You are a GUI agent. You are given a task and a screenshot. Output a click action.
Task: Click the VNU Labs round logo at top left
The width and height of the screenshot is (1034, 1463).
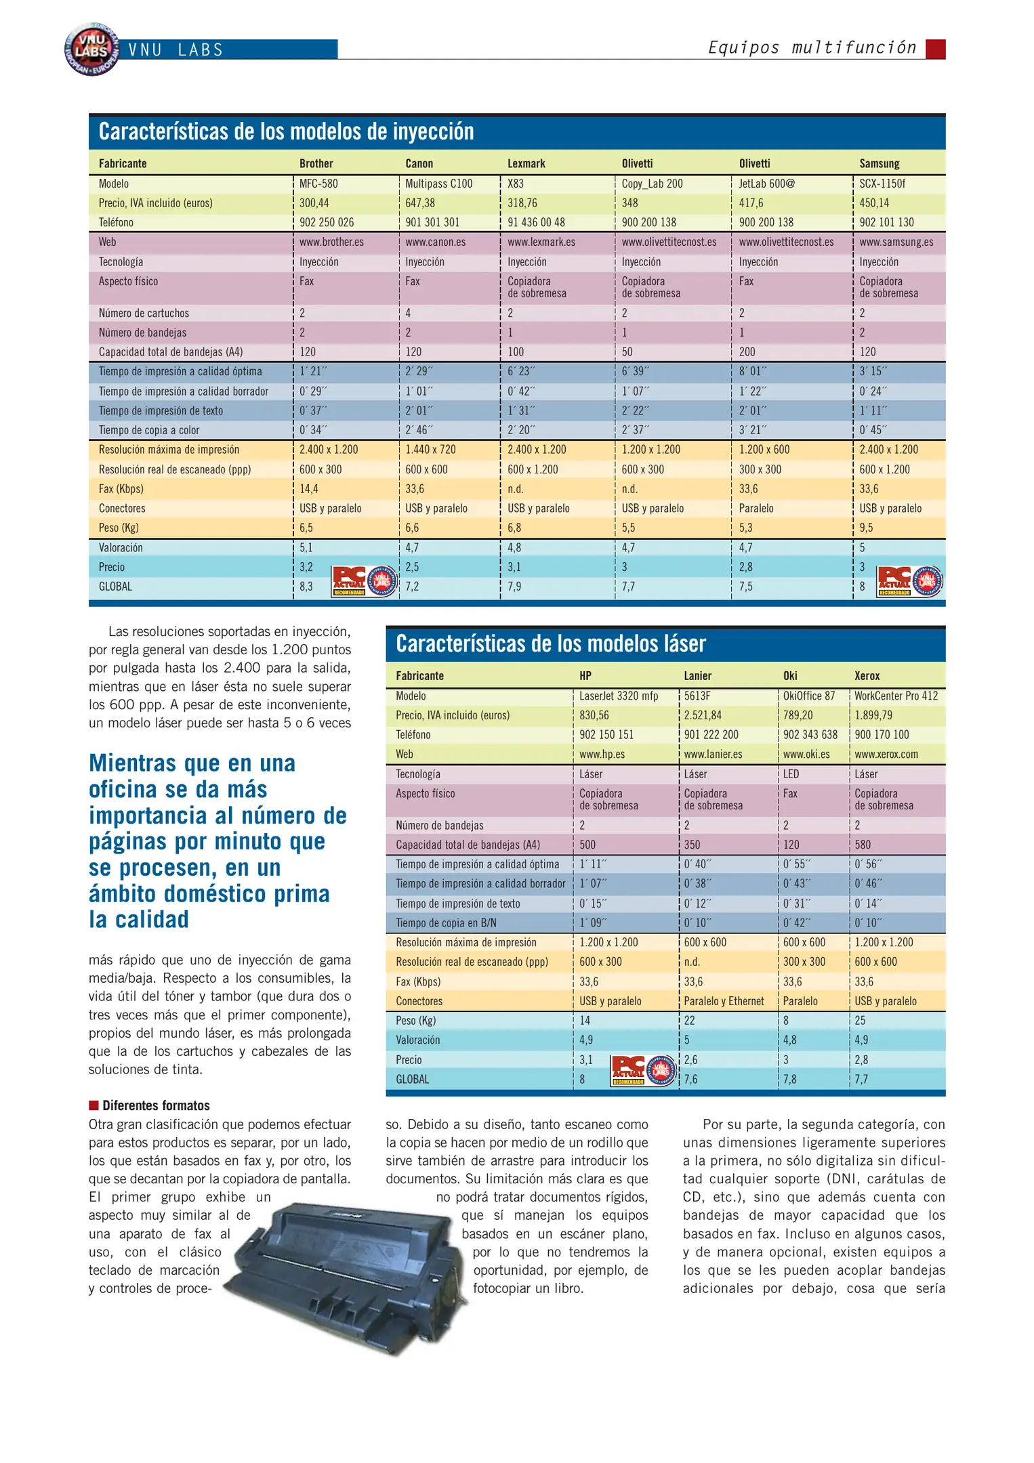(x=92, y=49)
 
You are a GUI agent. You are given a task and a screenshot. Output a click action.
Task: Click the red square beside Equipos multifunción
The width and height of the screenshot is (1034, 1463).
(x=936, y=49)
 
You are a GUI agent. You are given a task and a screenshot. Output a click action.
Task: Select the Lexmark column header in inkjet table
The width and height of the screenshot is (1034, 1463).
(x=526, y=163)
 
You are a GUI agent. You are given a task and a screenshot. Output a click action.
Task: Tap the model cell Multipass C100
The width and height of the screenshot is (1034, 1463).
(x=438, y=184)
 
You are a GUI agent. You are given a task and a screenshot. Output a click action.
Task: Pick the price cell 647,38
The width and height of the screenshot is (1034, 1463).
(x=420, y=203)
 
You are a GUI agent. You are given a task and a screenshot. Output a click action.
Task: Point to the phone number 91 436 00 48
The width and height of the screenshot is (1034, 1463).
(x=536, y=222)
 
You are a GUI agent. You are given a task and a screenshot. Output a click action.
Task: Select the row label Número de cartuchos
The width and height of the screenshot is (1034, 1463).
(x=144, y=313)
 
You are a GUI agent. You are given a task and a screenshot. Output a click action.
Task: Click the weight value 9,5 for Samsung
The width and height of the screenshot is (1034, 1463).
(x=866, y=528)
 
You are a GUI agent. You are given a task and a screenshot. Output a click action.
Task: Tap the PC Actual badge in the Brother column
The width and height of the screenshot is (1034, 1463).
(x=364, y=581)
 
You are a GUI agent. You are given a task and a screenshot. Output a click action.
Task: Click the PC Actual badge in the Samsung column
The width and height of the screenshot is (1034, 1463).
(x=909, y=581)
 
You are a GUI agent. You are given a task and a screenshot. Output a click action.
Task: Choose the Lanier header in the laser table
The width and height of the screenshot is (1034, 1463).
(x=697, y=676)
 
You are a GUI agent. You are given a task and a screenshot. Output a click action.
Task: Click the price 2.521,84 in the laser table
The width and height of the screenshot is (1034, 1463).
(x=703, y=715)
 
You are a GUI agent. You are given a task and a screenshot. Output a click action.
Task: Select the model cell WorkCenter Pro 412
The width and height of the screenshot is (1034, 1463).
(x=896, y=696)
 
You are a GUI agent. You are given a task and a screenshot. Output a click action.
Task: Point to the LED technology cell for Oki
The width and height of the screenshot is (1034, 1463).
(x=791, y=774)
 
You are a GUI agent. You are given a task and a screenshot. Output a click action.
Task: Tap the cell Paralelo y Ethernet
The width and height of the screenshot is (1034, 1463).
(x=724, y=1001)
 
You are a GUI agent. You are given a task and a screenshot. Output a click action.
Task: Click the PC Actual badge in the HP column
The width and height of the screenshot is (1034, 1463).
(x=642, y=1071)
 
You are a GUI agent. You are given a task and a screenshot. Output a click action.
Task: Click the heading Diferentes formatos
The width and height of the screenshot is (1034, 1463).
(x=156, y=1105)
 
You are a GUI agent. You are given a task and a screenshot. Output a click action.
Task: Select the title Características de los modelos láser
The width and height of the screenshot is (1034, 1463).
(x=550, y=643)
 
